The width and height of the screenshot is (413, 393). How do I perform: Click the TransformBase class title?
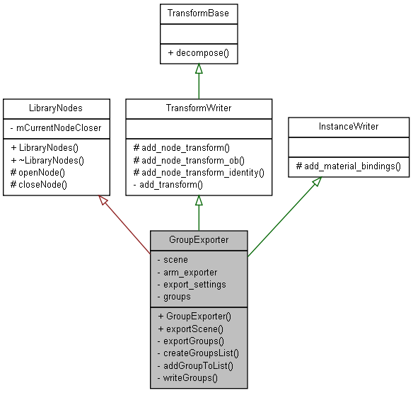point(198,13)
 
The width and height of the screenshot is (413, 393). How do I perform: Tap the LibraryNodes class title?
point(57,108)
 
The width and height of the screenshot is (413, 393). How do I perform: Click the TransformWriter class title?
point(199,108)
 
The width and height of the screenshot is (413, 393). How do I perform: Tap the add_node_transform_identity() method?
point(198,172)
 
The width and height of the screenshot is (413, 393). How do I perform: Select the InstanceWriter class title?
point(349,126)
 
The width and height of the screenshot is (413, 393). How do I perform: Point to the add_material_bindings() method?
point(348,166)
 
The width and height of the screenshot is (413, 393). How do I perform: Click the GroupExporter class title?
point(199,239)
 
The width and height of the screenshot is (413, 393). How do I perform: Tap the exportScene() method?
point(190,329)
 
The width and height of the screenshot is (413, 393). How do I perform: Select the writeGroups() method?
point(187,378)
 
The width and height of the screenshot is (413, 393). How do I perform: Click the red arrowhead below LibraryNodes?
point(103,201)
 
